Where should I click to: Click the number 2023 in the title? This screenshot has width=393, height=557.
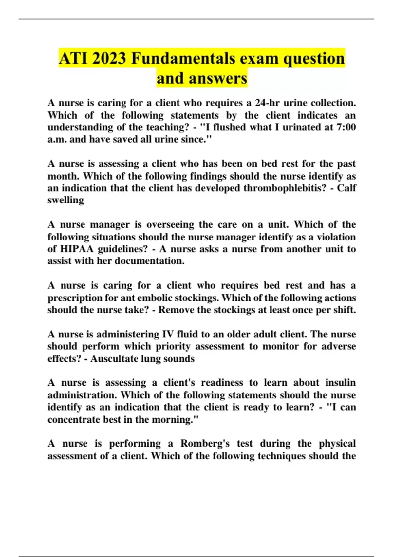pos(109,59)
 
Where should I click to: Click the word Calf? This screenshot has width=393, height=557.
pos(346,188)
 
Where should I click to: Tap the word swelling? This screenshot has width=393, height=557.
pos(66,200)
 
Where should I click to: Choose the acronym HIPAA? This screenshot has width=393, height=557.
pos(78,249)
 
